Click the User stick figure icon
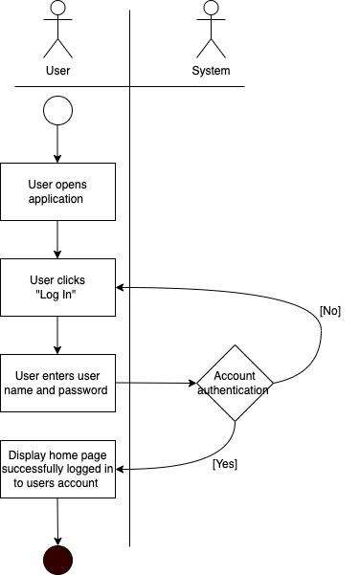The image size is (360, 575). tap(57, 30)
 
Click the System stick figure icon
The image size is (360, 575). tap(211, 30)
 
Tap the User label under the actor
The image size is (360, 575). tap(57, 71)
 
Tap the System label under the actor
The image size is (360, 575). tap(211, 71)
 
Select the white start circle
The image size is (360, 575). tap(57, 111)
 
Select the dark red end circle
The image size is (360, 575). tap(57, 560)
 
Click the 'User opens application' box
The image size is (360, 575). tap(57, 191)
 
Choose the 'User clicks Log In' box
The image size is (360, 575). tap(57, 287)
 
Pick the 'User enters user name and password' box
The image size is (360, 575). tap(57, 383)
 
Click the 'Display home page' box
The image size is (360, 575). tap(57, 469)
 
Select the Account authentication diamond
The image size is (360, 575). tap(235, 383)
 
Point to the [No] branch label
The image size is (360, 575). tap(329, 311)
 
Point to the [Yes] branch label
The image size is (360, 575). tap(224, 464)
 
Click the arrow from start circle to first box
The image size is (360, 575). tap(57, 144)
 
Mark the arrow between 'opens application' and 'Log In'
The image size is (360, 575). tap(57, 239)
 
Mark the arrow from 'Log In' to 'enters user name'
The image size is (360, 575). tap(57, 335)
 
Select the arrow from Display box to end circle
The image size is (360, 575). tap(57, 521)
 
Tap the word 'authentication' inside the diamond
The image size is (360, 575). tap(235, 390)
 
